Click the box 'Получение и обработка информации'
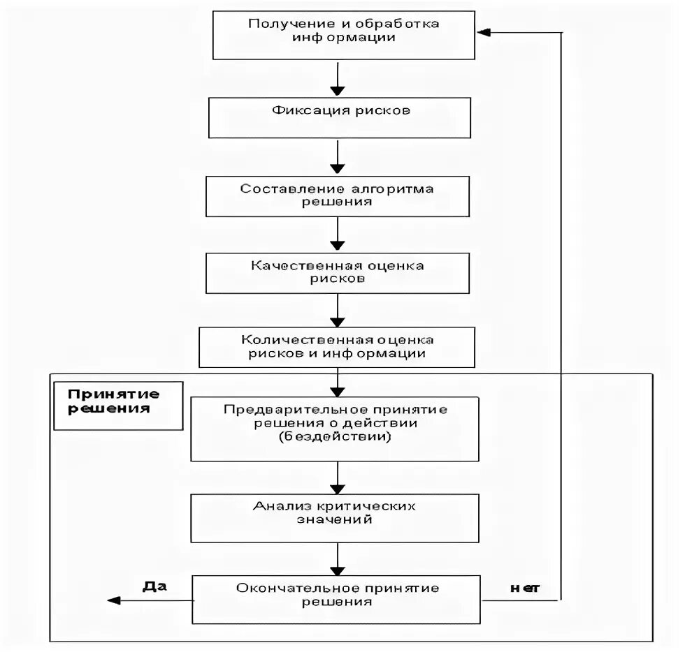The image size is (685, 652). point(344,36)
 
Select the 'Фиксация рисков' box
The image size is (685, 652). point(340,118)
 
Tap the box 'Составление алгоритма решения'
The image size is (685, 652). point(338,196)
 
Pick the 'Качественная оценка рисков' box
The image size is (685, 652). point(338,273)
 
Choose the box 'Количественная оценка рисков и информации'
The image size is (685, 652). point(337,348)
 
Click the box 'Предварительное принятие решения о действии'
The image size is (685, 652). point(335,429)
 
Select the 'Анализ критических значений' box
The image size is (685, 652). point(335,519)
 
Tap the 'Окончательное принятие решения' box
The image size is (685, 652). point(336,600)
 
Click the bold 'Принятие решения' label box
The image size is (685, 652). point(118,406)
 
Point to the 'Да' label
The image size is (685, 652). point(154,586)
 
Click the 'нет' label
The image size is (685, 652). point(525,588)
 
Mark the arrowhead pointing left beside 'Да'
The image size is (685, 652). point(113,600)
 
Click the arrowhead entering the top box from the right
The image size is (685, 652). point(484,32)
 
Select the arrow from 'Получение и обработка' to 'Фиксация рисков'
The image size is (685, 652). point(338,79)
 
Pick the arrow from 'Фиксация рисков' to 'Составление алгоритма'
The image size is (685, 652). point(338,156)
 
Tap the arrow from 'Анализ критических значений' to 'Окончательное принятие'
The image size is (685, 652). point(338,559)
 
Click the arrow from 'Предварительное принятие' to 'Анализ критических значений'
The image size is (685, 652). point(338,478)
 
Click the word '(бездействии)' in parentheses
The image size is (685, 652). point(335,436)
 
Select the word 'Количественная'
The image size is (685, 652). point(301,340)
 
